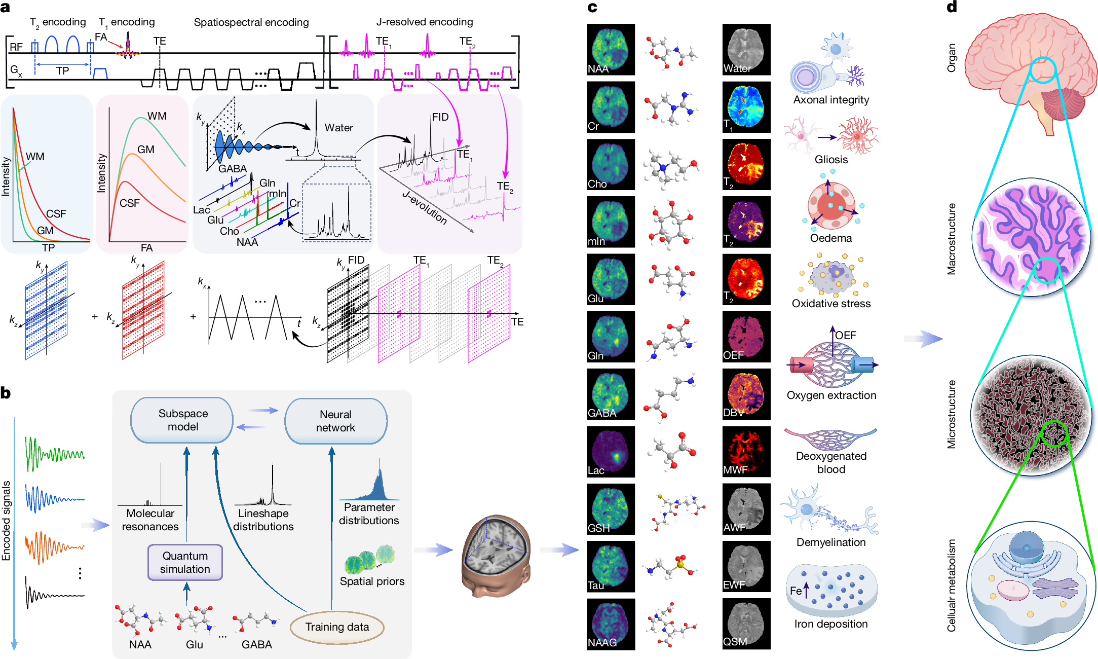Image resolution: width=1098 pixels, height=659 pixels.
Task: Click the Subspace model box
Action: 182,420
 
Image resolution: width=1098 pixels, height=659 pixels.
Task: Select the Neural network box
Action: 336,421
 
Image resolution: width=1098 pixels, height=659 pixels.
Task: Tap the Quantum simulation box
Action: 185,562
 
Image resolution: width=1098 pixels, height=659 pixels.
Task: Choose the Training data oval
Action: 337,627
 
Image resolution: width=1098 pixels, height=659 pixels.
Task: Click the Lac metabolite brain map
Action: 611,452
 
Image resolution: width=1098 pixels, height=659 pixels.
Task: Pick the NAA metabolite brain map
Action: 611,50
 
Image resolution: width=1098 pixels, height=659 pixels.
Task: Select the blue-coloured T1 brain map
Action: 746,107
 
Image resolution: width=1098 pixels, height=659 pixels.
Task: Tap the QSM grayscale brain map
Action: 746,624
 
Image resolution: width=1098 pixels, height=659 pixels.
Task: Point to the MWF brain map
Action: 746,452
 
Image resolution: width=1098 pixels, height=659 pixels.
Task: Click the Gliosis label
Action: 831,160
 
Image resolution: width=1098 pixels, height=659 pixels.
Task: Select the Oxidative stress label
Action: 831,304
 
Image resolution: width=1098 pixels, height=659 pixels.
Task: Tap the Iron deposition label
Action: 831,624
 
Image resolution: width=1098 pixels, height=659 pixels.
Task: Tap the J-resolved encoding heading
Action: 425,22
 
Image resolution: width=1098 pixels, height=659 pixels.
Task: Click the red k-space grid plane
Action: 143,310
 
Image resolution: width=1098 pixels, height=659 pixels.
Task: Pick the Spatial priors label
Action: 372,581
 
